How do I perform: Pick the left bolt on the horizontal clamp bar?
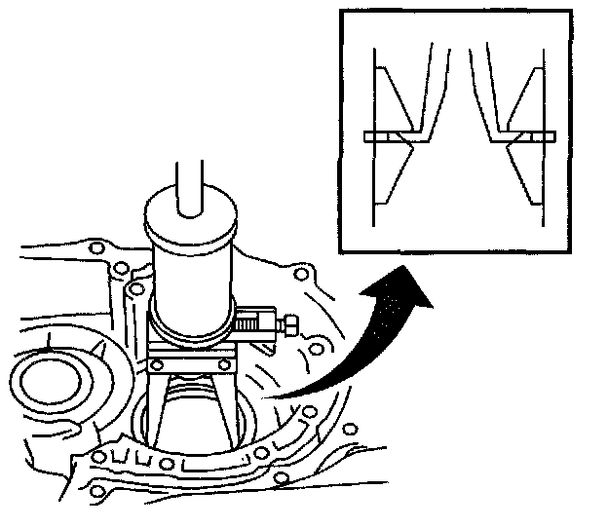[159, 366]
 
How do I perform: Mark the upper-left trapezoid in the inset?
[394, 97]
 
